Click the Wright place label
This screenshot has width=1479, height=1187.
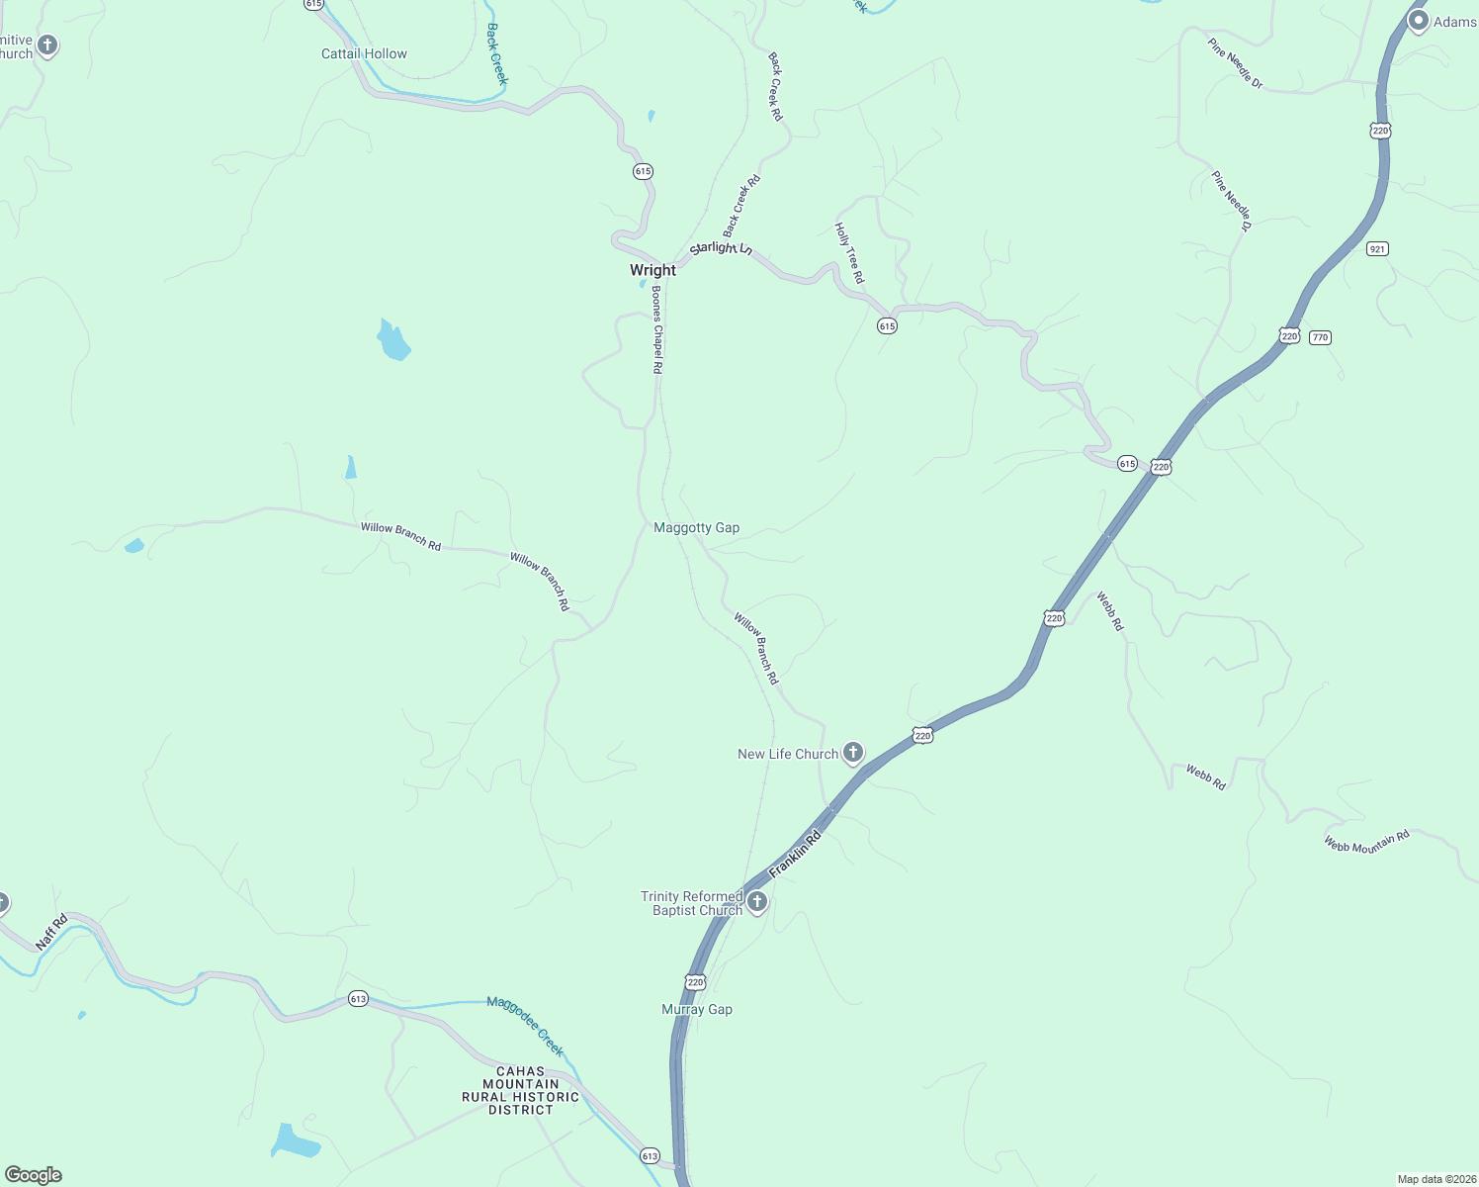(652, 270)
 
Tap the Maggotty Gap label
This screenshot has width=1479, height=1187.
(696, 528)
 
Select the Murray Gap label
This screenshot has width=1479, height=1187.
(697, 1009)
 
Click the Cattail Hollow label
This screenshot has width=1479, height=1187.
(364, 54)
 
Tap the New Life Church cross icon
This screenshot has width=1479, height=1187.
(852, 753)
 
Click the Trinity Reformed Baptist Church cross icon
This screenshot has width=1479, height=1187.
(757, 901)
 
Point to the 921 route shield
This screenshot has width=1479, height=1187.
(1377, 248)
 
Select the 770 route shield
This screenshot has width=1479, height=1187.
(1320, 337)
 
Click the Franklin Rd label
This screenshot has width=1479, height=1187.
(795, 853)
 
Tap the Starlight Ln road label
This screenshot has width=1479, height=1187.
(721, 247)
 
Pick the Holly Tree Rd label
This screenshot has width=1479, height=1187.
(849, 252)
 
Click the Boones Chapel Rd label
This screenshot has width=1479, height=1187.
(655, 329)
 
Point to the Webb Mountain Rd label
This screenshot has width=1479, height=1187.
(1366, 842)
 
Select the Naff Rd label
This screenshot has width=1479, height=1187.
(51, 933)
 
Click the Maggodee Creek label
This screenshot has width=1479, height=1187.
(525, 1027)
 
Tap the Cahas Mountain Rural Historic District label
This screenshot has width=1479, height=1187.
(520, 1090)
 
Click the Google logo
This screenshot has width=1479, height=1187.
(34, 1175)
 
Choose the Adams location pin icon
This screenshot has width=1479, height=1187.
(1418, 20)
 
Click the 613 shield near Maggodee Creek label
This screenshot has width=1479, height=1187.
(358, 999)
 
